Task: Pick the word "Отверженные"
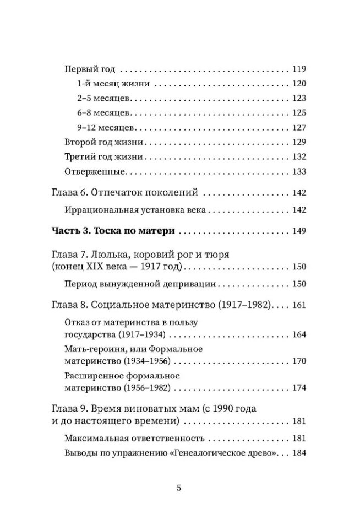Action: pos(95,171)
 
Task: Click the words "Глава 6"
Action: pos(68,193)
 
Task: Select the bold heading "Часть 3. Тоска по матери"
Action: pos(113,230)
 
